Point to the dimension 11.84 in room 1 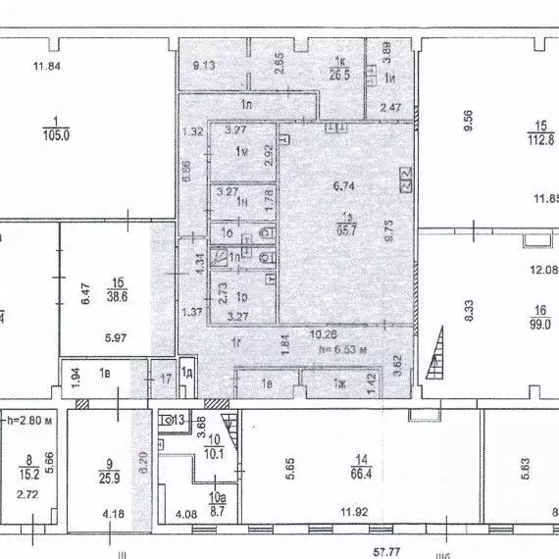[47, 66]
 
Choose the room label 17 [166, 377]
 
